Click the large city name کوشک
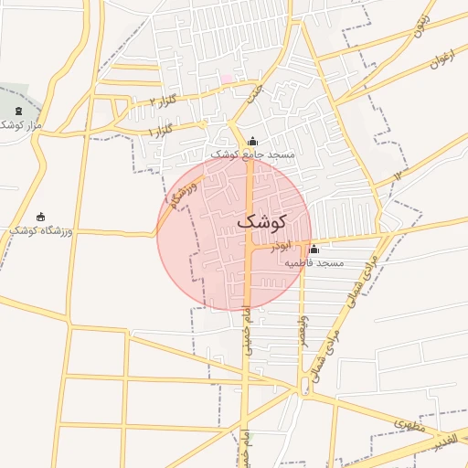click(x=261, y=222)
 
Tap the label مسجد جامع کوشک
click(x=253, y=155)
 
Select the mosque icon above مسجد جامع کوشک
click(x=253, y=141)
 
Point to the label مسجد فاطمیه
click(x=314, y=263)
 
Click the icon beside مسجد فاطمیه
click(x=314, y=250)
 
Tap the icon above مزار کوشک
click(x=18, y=111)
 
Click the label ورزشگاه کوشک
click(x=39, y=231)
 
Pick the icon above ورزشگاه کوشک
click(x=40, y=218)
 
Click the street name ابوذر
click(x=283, y=245)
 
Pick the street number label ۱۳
click(x=398, y=175)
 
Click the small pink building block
click(x=227, y=79)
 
